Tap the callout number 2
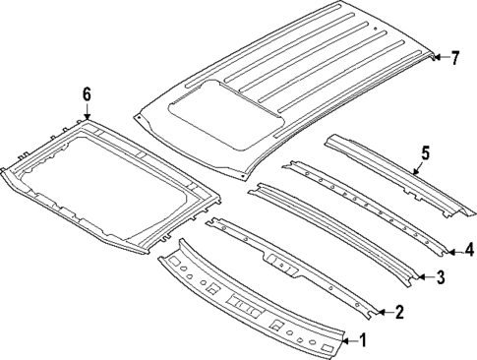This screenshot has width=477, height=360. click(398, 313)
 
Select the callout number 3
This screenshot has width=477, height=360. click(440, 278)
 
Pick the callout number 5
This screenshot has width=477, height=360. click(426, 152)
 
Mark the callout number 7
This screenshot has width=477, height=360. click(455, 58)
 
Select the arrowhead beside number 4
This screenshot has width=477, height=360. click(454, 249)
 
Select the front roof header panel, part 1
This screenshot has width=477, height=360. click(246, 305)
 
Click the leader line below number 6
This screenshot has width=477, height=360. click(87, 109)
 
